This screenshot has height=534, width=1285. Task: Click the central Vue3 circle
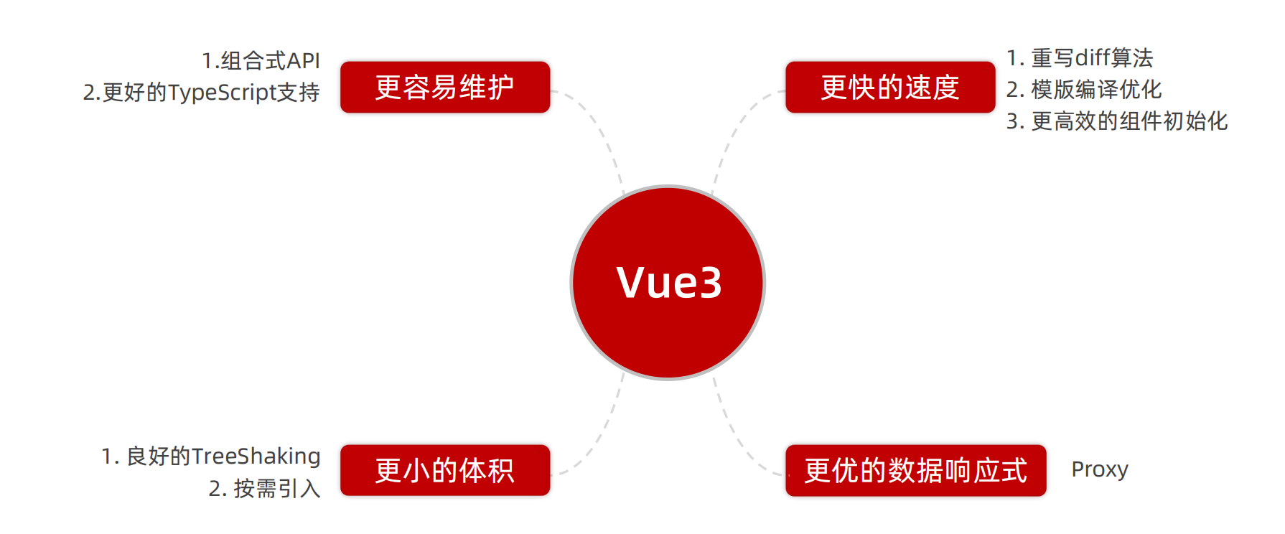tap(668, 283)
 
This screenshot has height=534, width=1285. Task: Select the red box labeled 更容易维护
tap(445, 88)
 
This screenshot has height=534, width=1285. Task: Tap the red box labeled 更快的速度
tap(890, 88)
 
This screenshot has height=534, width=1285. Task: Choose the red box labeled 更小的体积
tap(445, 470)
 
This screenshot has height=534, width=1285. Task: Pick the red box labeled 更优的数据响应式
tap(915, 470)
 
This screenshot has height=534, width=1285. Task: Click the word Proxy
tap(1099, 469)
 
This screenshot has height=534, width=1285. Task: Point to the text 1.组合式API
tap(261, 61)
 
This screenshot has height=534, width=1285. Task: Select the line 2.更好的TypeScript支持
tap(201, 93)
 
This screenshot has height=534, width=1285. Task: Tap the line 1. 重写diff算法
tap(1079, 58)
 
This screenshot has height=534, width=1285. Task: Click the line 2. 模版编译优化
tap(1083, 90)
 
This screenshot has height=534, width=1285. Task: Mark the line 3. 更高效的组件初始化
tap(1116, 121)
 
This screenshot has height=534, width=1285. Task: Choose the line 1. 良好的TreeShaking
tap(210, 456)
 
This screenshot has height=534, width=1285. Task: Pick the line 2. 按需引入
tap(264, 489)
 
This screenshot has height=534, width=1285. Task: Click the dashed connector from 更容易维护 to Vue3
tap(600, 129)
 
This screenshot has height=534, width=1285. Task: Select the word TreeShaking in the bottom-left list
tap(256, 456)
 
